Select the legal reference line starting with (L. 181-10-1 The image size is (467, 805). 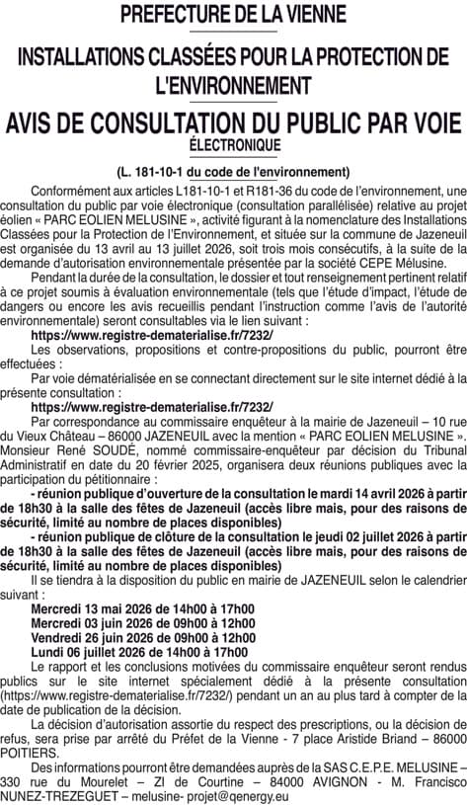233,170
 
